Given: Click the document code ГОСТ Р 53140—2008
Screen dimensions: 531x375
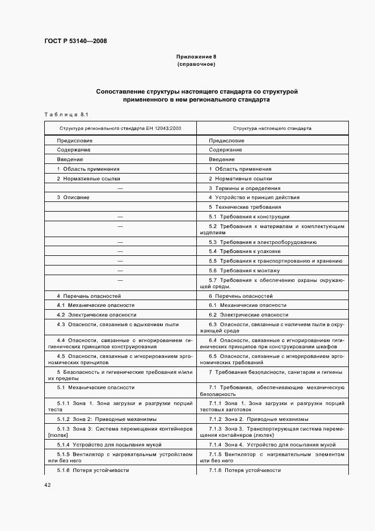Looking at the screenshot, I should [75, 41].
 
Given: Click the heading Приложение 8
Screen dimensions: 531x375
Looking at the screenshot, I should [196, 57].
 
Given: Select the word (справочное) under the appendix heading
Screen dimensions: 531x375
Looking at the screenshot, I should [196, 64].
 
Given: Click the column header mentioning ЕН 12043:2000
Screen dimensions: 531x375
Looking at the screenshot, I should [120, 128].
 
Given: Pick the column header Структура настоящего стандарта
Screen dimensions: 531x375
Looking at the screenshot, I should [272, 128].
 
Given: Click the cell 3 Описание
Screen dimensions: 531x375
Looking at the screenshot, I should [73, 197].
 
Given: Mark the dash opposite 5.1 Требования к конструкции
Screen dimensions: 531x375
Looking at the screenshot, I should [120, 217].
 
